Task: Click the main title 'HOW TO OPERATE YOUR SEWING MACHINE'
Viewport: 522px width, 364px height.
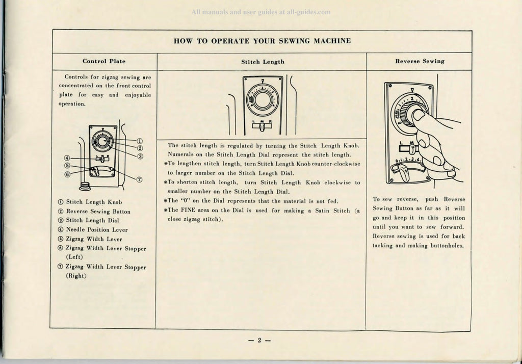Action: click(x=262, y=41)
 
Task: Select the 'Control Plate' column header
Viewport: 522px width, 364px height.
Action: click(x=104, y=61)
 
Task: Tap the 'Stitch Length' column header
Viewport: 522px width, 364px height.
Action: click(x=263, y=62)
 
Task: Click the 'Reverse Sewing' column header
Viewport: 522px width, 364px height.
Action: click(x=420, y=61)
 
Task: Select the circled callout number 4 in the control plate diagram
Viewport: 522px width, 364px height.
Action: click(x=67, y=159)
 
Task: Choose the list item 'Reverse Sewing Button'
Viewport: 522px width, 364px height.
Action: click(x=98, y=212)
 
